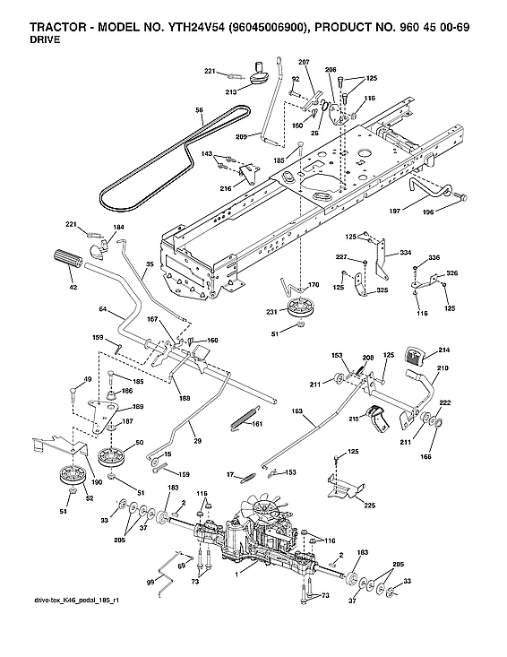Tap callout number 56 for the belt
(201, 109)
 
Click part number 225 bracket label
(370, 506)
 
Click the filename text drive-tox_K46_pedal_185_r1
(75, 599)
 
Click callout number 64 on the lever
(103, 309)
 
